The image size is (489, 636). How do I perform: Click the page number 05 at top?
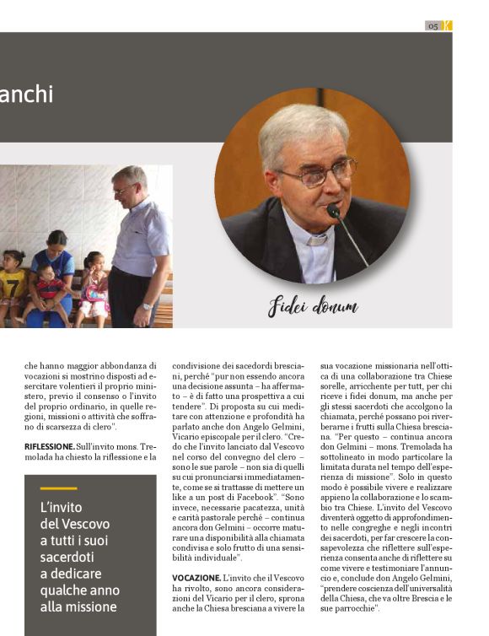click(433, 26)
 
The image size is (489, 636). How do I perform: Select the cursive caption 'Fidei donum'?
click(313, 307)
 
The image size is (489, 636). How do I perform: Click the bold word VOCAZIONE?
click(196, 577)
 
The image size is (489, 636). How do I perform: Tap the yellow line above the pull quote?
click(58, 488)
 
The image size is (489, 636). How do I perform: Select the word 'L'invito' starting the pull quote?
click(60, 508)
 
